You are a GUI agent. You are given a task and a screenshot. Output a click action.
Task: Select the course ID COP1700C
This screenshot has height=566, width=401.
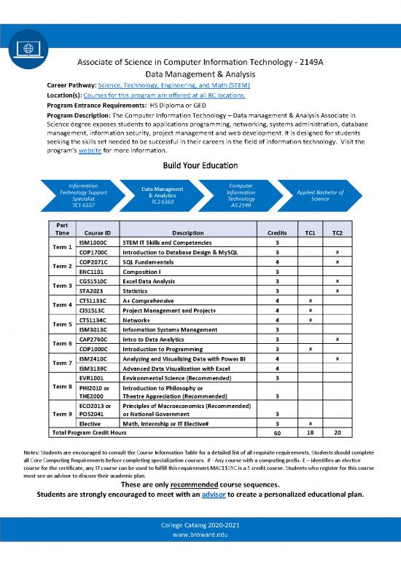(x=94, y=252)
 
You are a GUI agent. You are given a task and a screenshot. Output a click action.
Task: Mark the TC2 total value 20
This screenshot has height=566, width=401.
(x=337, y=433)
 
